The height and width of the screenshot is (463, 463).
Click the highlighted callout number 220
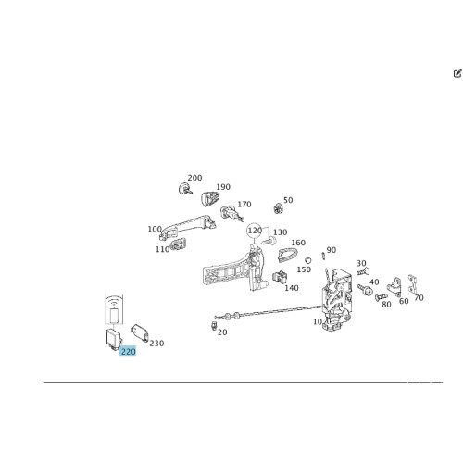[x=128, y=351]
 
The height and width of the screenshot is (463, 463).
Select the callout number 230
[x=156, y=344]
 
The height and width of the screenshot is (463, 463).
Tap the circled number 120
[x=255, y=231]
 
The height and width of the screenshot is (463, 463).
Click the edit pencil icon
[x=457, y=73]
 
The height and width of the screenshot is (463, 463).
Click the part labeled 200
[x=185, y=188]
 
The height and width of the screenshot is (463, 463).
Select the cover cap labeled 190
[x=210, y=198]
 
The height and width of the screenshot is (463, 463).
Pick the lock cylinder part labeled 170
[x=232, y=213]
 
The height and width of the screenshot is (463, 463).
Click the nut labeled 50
[x=279, y=208]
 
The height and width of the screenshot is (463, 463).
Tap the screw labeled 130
[x=269, y=241]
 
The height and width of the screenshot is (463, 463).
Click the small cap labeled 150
[x=307, y=260]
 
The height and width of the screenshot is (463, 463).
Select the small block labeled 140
[x=280, y=277]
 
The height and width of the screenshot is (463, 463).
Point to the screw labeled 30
[x=363, y=272]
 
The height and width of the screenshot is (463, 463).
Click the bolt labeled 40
[x=365, y=289]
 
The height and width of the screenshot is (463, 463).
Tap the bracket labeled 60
[x=394, y=287]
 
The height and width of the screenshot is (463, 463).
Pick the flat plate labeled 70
[x=413, y=283]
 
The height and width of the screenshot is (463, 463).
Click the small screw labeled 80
[x=382, y=297]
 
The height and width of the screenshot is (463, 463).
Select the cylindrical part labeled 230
[x=140, y=333]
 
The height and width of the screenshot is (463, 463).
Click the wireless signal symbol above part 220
[x=114, y=302]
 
